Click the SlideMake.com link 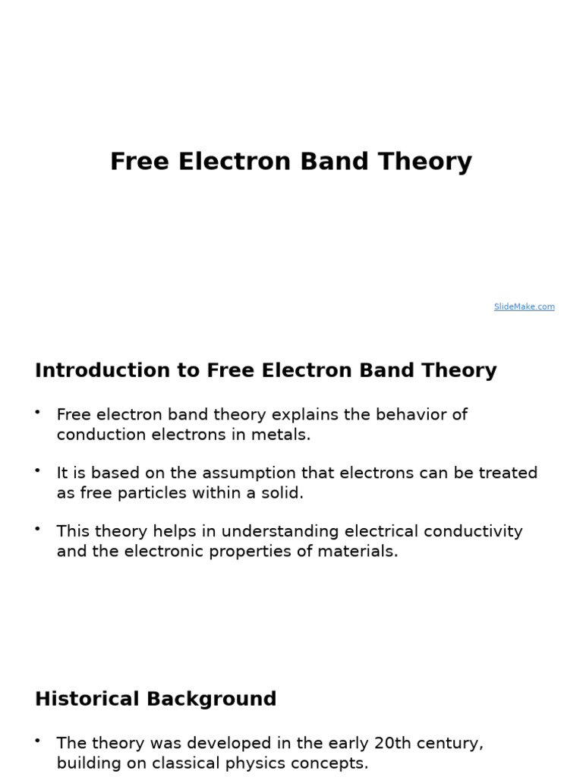coord(524,307)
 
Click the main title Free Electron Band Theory coord(291,162)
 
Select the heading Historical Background coord(156,699)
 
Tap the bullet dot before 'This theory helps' coord(37,527)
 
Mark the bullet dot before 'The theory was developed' coord(37,739)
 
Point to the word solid coord(282,493)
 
